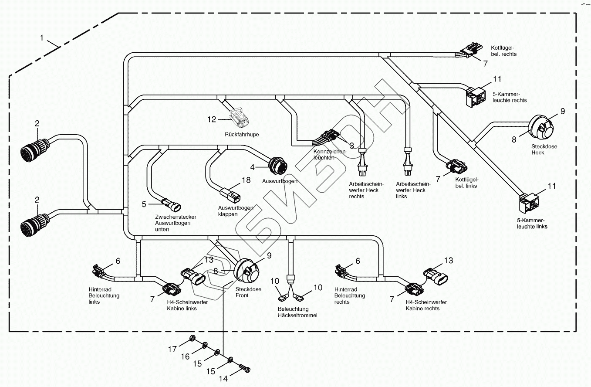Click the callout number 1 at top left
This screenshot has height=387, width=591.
pos(42,38)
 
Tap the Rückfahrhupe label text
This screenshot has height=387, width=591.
pos(242,135)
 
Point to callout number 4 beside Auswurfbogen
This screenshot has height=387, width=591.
pos(252,167)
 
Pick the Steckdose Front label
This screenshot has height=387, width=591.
pos(248,292)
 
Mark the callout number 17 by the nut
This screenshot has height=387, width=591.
pos(173,349)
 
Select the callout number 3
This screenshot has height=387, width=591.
pos(351,145)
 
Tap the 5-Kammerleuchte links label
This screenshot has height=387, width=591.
pos(530,224)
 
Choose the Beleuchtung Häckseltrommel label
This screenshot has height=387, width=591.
pos(297,312)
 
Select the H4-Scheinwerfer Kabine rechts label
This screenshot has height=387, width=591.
pos(426,306)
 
